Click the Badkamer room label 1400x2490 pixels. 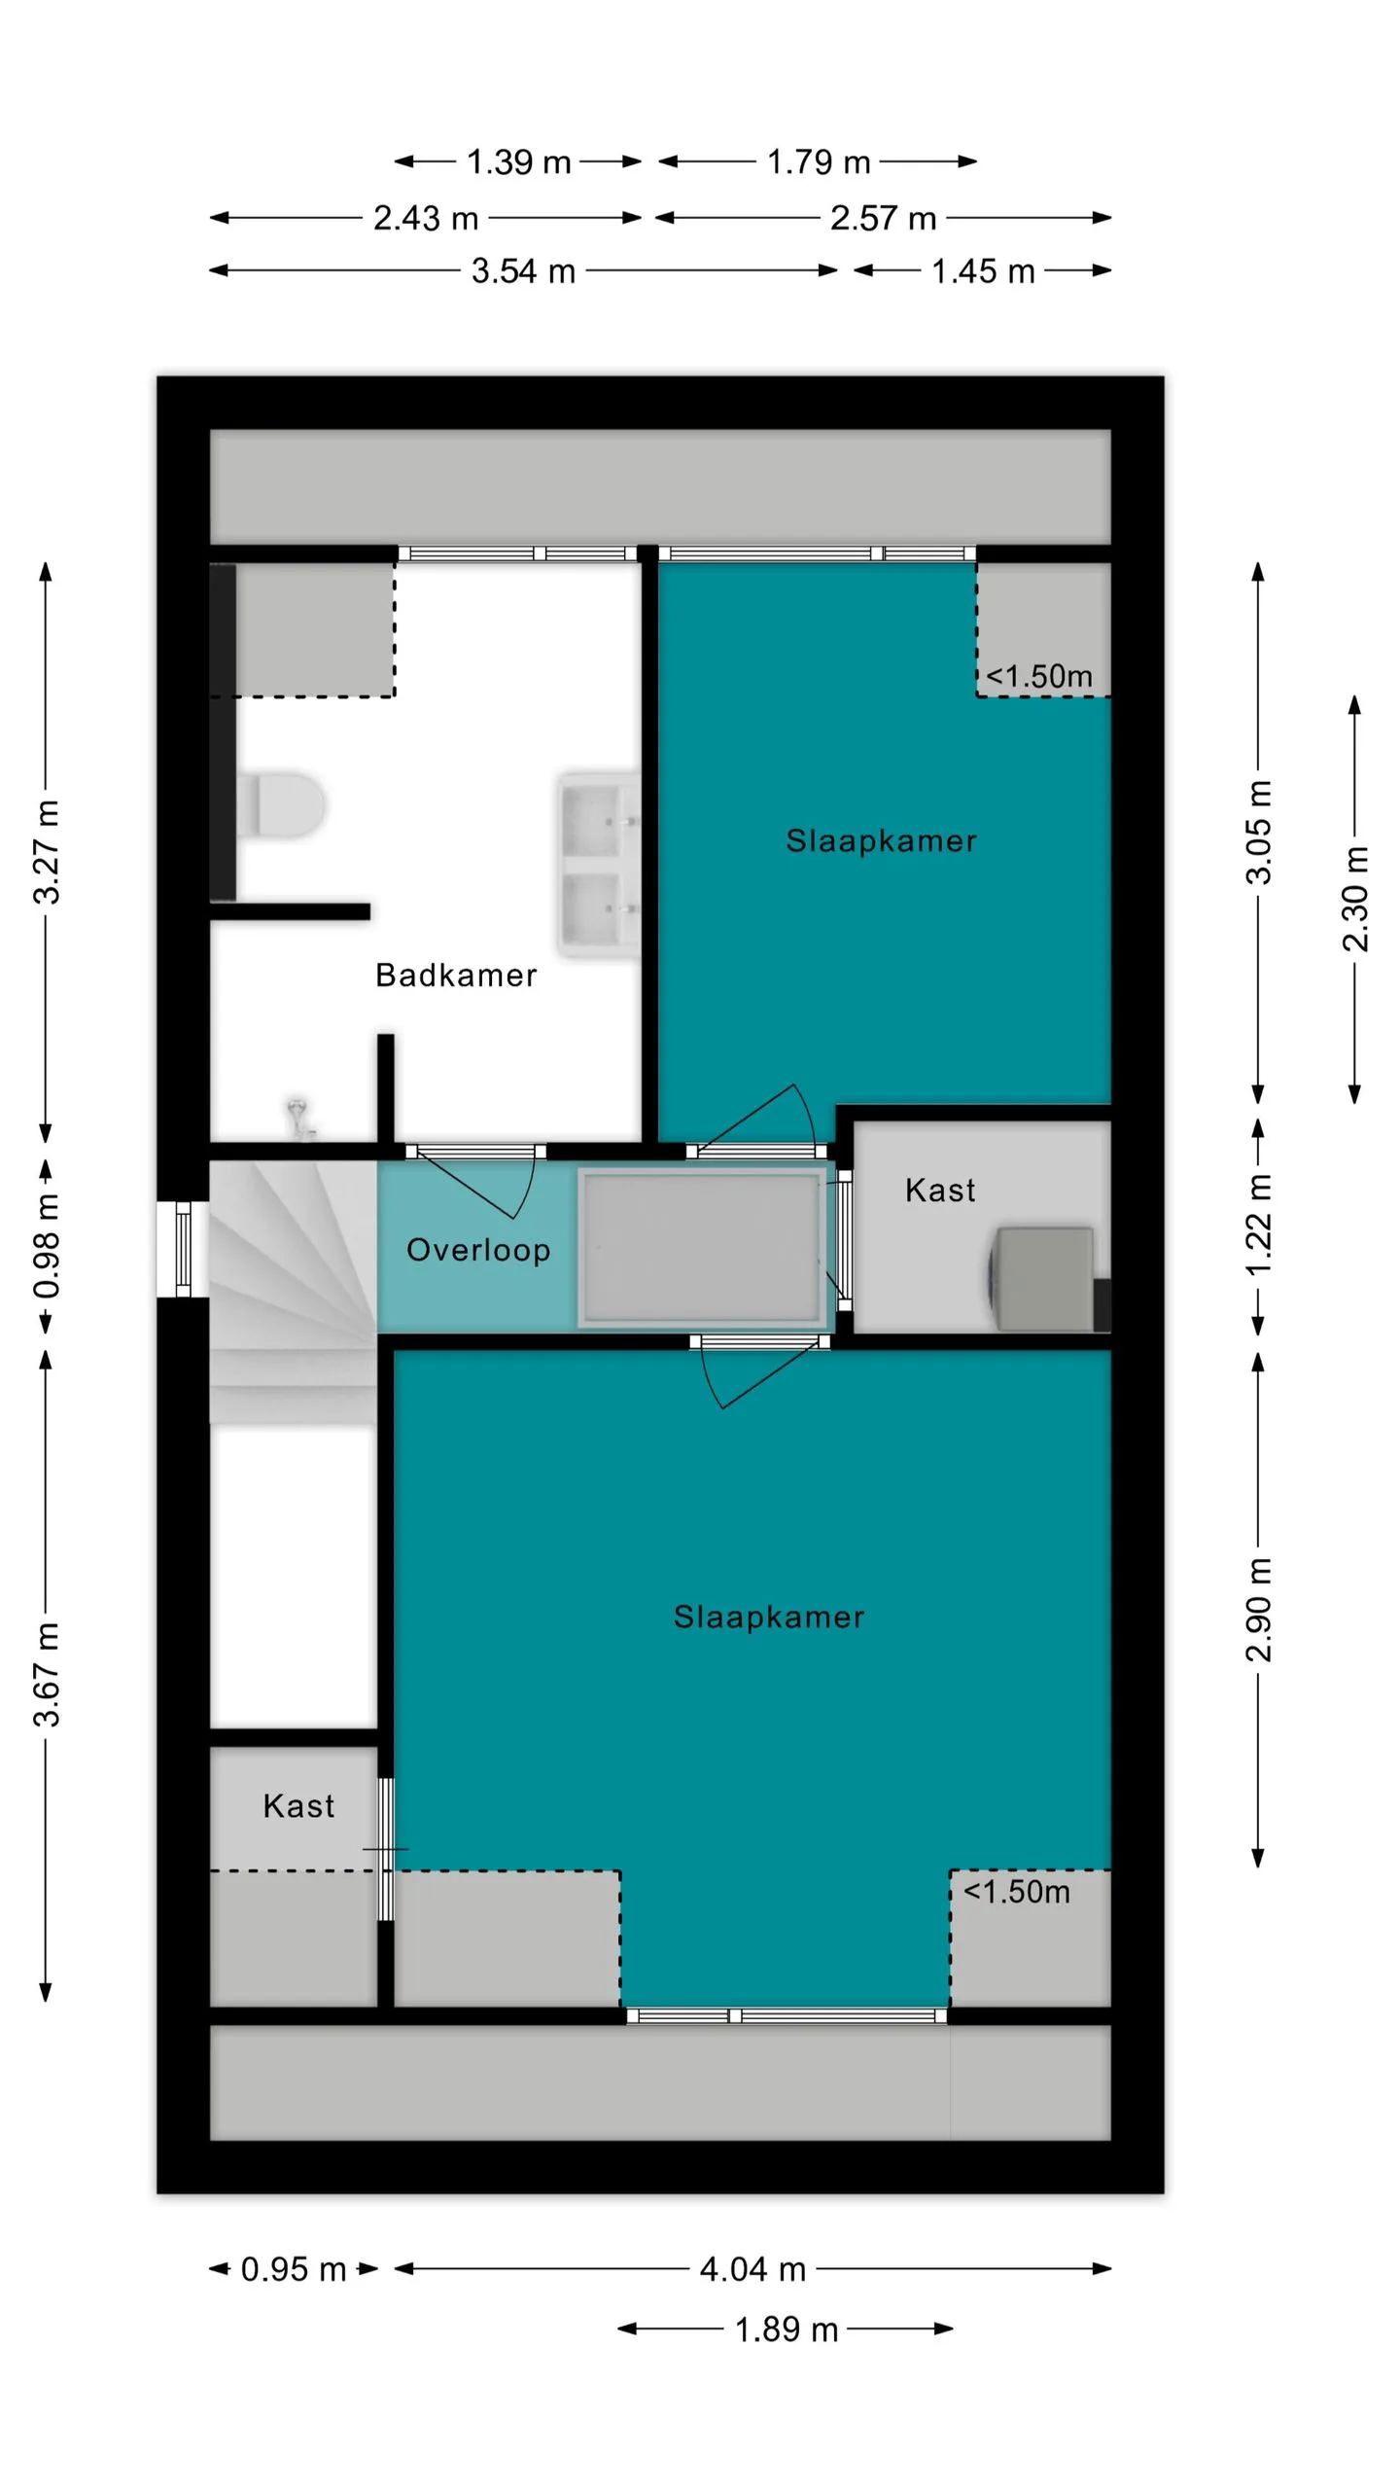click(x=455, y=975)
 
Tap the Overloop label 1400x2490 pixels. click(x=478, y=1250)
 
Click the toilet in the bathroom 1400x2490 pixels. click(x=281, y=804)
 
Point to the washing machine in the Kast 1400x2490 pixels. click(x=1042, y=1278)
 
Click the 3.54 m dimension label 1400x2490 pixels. click(x=523, y=270)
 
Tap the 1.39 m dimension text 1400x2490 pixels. click(x=518, y=161)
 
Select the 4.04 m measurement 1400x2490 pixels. click(x=752, y=2269)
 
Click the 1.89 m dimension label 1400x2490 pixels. click(x=786, y=2330)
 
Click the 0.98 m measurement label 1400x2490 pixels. click(x=47, y=1247)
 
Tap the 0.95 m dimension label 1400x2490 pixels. click(x=293, y=2269)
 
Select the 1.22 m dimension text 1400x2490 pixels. click(x=1258, y=1226)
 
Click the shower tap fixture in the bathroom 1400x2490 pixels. click(x=299, y=1119)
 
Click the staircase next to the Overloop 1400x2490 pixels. click(x=293, y=1294)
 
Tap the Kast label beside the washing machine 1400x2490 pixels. click(x=939, y=1190)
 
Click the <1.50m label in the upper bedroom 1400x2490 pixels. click(x=1038, y=676)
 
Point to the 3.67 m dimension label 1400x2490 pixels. click(x=47, y=1674)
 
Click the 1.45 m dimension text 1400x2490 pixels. click(x=982, y=270)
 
